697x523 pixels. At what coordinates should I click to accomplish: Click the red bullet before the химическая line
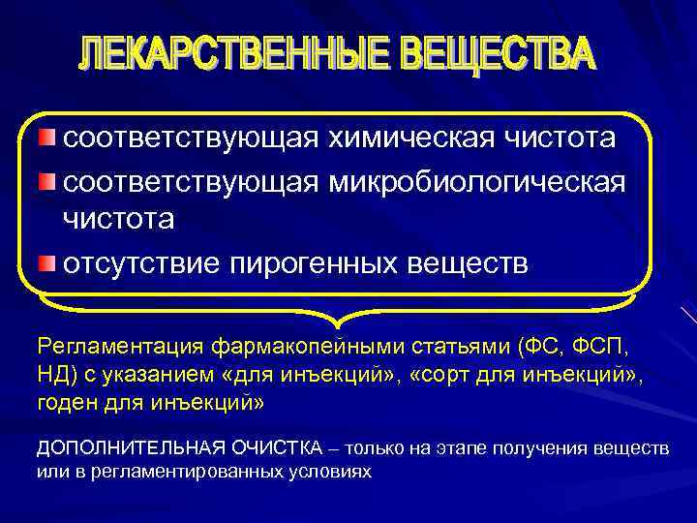click(x=48, y=138)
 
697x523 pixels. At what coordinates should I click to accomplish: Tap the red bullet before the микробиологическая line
click(x=48, y=180)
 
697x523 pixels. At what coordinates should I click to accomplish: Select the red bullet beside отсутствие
click(x=48, y=263)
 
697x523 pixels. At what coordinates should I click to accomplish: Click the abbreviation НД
click(x=52, y=373)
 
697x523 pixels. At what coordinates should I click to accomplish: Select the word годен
click(x=66, y=400)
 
